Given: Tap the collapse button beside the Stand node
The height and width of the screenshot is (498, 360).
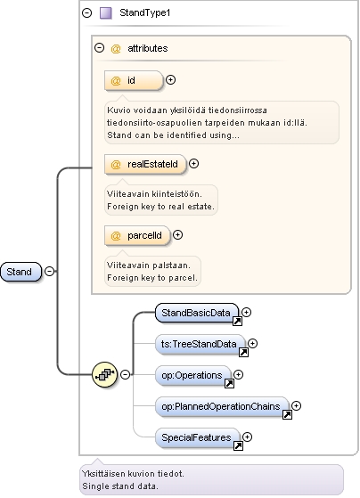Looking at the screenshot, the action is (x=49, y=271).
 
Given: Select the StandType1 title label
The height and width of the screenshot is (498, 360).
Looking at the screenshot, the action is (x=145, y=12).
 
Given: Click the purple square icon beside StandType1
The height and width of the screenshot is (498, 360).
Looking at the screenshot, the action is (x=106, y=13).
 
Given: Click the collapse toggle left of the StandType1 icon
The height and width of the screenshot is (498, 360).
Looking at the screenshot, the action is (x=86, y=12).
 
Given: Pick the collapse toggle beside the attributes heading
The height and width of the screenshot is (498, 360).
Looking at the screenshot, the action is (x=100, y=48).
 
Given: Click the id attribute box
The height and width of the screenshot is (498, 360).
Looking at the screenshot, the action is (x=134, y=80).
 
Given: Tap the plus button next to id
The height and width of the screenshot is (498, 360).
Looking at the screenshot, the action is (x=170, y=79).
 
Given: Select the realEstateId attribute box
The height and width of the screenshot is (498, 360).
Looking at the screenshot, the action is (x=145, y=164).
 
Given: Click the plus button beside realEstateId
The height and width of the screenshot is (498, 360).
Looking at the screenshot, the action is (x=194, y=164).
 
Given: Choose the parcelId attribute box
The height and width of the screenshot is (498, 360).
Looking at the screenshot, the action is (x=137, y=235).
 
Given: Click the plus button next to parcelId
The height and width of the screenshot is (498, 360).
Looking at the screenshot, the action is (x=178, y=235).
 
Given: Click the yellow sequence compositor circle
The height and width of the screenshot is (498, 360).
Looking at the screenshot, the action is (x=104, y=375).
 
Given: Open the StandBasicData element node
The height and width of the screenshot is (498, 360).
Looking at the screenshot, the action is (x=197, y=314).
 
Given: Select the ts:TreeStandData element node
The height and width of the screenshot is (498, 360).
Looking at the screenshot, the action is (x=200, y=344).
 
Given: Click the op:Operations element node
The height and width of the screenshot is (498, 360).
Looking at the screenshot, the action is (x=193, y=375).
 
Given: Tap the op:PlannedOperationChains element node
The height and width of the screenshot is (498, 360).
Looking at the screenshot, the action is (x=222, y=406).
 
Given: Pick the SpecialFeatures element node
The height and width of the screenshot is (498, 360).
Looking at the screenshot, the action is (x=198, y=437).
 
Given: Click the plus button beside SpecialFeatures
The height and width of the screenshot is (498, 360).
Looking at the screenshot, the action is (x=247, y=437).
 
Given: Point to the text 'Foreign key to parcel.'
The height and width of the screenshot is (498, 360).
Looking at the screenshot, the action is (x=152, y=278).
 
